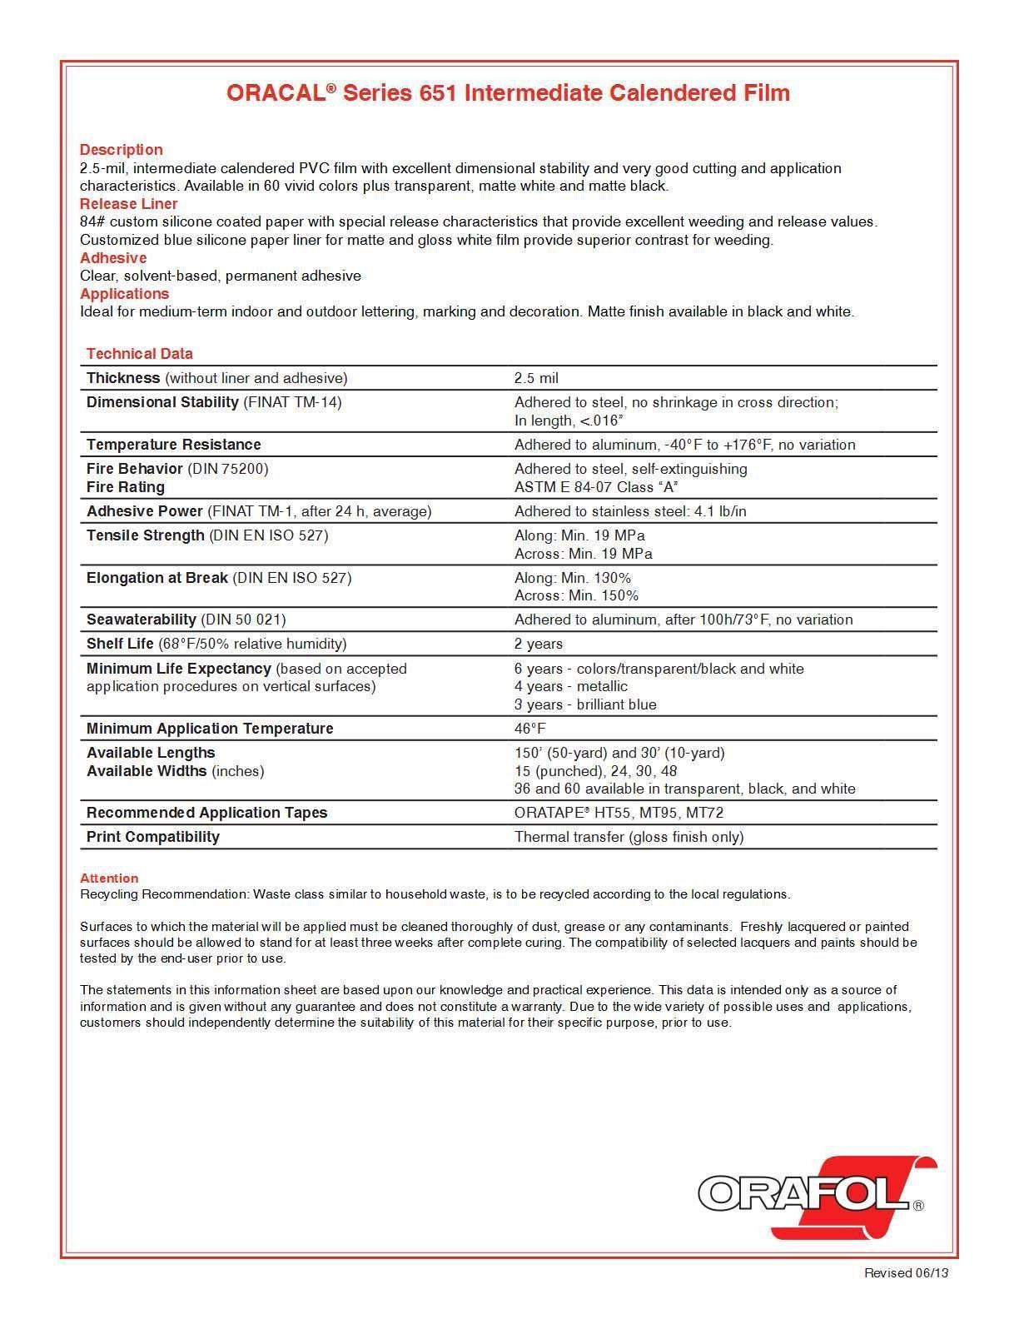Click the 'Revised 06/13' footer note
pos(906,1272)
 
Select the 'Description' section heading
pos(122,150)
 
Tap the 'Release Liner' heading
pos(129,204)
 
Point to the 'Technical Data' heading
pos(140,354)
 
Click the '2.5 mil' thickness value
pos(536,378)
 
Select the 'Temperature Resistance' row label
pos(174,445)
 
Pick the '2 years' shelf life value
pos(539,644)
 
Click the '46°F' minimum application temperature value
pos(530,729)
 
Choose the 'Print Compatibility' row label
pos(153,837)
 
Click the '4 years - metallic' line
pos(571,686)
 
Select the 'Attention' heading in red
pos(109,879)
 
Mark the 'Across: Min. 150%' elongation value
pos(576,595)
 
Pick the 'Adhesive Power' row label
pos(145,511)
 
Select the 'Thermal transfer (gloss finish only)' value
pos(629,837)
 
